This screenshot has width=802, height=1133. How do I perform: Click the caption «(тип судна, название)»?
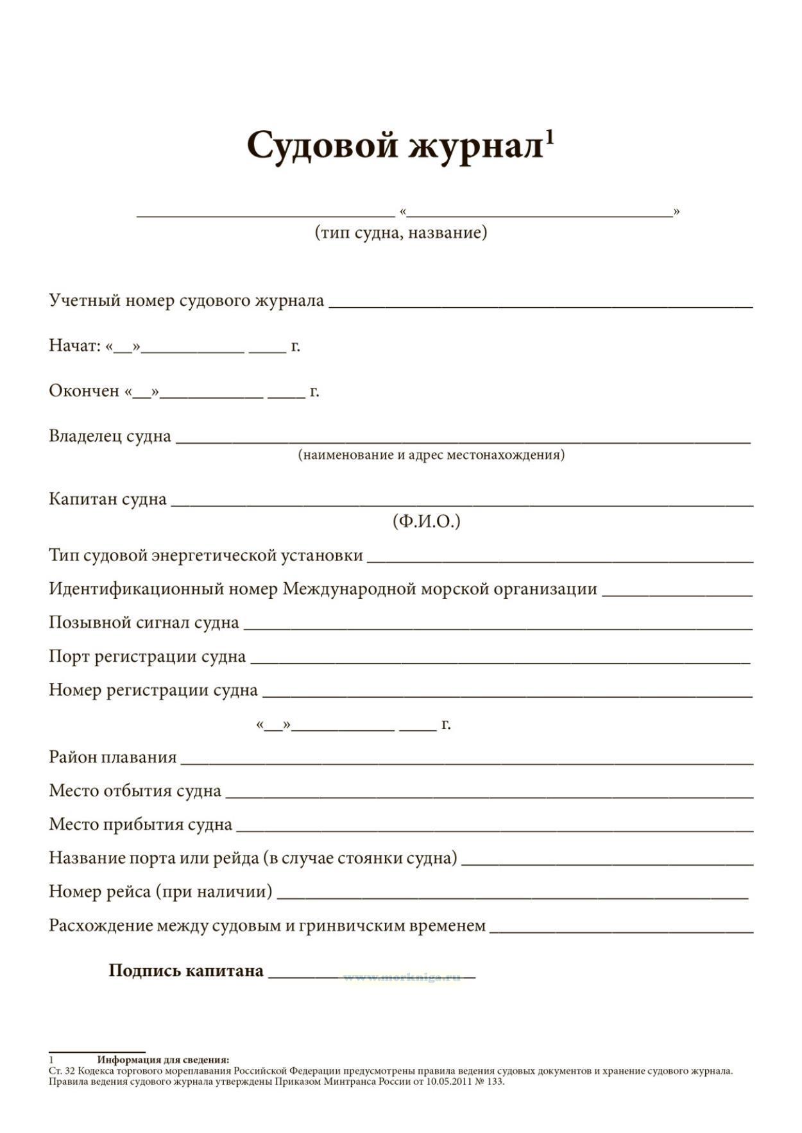tap(400, 232)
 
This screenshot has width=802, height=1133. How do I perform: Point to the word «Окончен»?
tap(84, 391)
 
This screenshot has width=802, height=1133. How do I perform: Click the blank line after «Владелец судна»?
tap(462, 440)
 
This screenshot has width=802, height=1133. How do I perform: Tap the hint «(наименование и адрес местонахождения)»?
tap(431, 455)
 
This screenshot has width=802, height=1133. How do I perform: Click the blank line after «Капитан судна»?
tap(462, 503)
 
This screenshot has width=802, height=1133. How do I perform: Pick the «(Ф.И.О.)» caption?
tap(426, 521)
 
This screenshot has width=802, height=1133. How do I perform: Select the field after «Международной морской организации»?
tap(677, 594)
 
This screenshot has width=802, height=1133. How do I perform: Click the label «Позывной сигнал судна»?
tap(144, 623)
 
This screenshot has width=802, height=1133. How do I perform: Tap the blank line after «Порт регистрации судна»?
tap(500, 660)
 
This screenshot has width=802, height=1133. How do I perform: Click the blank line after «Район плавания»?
tap(466, 762)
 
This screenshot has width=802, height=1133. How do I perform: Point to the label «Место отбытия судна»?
tap(135, 791)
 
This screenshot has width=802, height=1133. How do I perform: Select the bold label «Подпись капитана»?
tap(186, 971)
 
